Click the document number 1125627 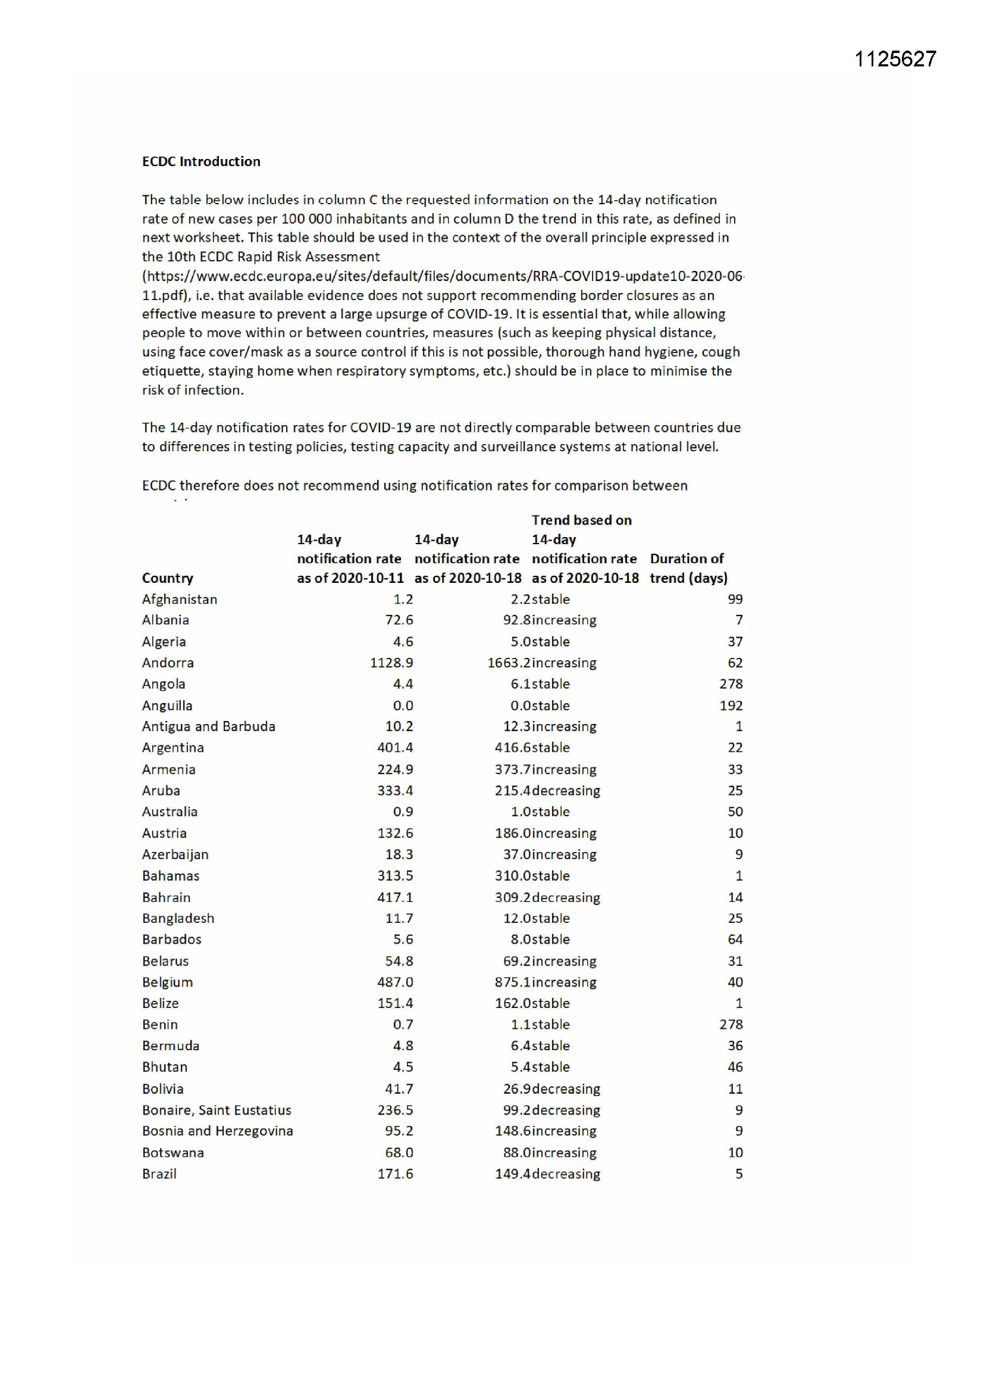895,59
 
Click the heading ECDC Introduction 201,161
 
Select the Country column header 167,578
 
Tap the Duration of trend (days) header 688,568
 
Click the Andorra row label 168,663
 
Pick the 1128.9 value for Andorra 391,663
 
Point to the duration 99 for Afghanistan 735,599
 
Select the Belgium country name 167,982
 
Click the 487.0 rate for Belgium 395,982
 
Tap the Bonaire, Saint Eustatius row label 217,1110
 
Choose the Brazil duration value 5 739,1173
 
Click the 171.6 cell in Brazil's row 395,1173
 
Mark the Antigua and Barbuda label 208,726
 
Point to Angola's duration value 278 731,684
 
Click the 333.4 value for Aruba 395,791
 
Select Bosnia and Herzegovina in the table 218,1131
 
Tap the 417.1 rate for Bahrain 395,897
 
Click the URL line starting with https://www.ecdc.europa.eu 442,276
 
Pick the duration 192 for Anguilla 731,706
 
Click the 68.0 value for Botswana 399,1153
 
